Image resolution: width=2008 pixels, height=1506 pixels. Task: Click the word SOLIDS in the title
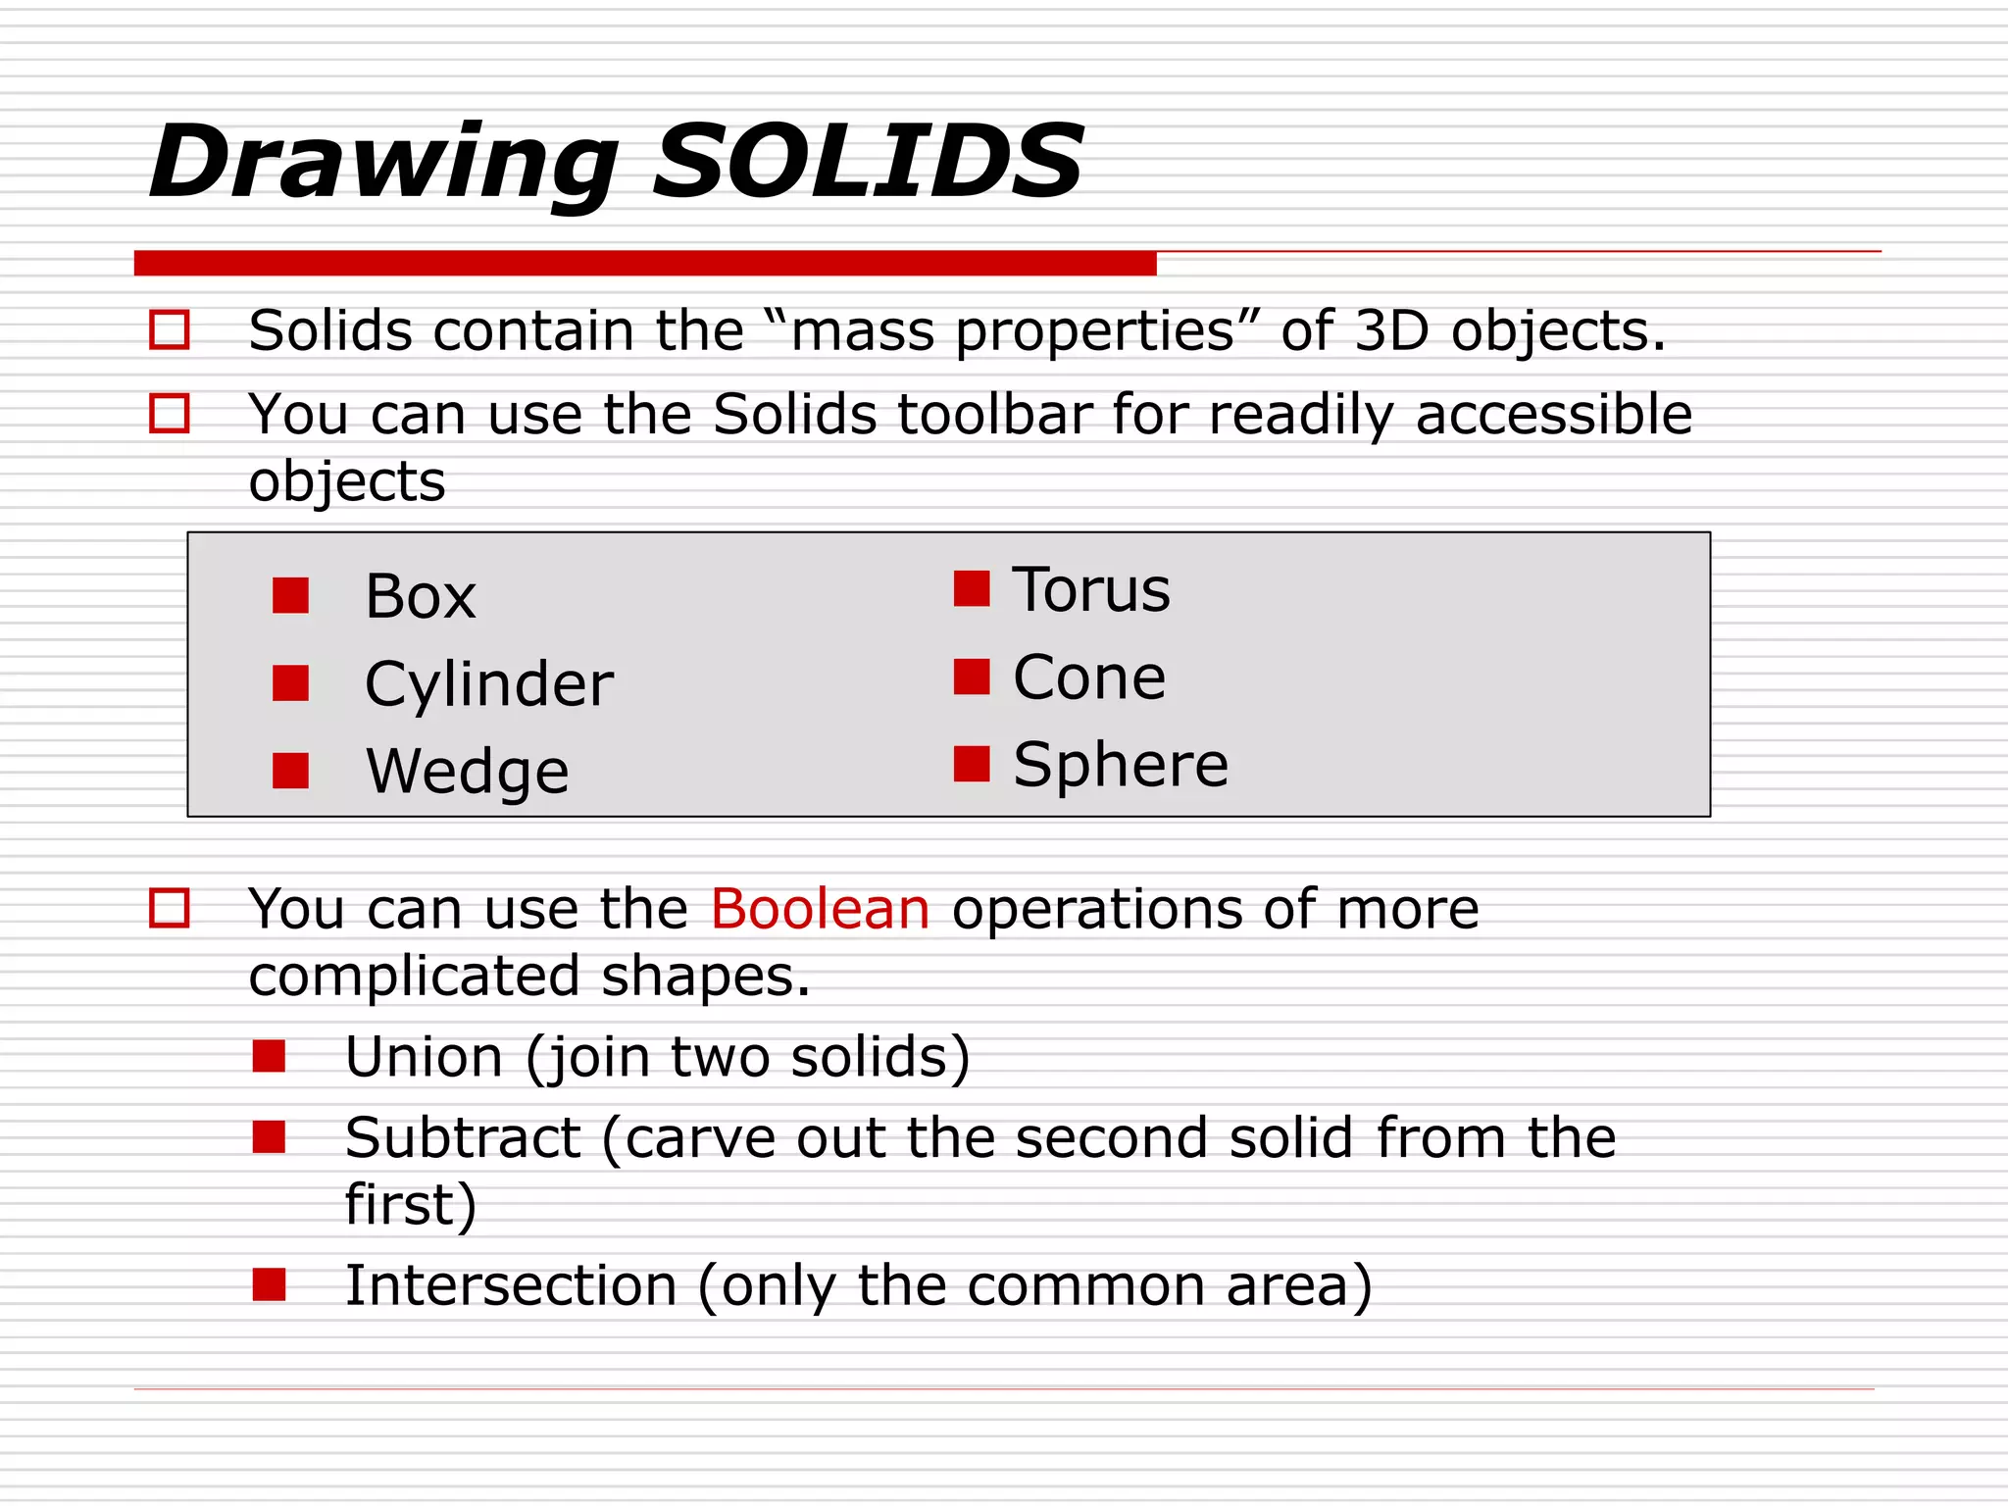868,162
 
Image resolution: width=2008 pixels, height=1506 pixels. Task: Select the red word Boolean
820,909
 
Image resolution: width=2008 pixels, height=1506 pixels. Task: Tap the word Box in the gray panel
420,596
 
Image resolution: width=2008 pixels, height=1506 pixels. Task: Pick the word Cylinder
488,684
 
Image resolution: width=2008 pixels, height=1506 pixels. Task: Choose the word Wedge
467,771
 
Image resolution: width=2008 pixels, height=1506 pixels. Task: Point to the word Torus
1091,590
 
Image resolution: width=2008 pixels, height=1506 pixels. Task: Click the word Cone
1089,678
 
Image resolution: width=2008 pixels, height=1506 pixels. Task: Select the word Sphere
1121,765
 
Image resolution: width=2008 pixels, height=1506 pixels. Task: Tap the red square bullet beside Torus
972,588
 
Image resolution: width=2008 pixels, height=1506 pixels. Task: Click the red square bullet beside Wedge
290,771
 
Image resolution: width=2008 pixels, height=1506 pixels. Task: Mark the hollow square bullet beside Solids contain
169,330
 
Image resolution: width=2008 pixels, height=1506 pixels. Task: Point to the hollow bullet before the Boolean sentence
169,908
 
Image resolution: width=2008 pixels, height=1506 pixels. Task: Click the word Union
425,1057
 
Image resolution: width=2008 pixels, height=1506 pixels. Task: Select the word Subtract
463,1138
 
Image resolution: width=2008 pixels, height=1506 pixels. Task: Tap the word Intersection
511,1285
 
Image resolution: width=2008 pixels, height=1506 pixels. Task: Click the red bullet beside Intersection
269,1284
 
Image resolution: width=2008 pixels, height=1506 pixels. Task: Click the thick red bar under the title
645,263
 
